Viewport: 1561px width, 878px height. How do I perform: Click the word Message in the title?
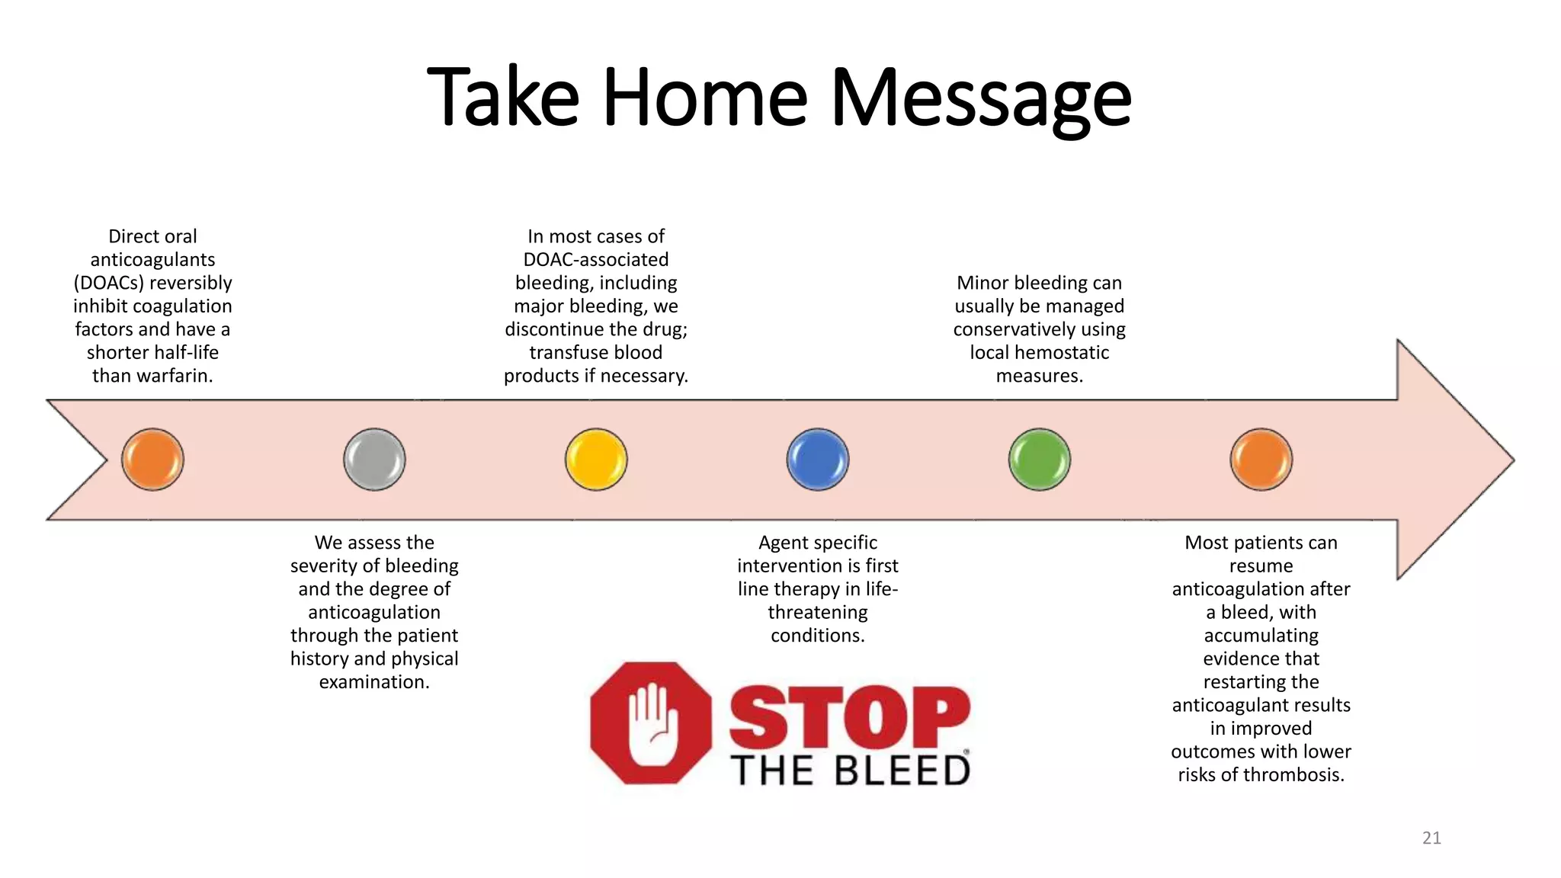pos(981,99)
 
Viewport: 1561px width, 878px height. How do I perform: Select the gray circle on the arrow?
pos(374,460)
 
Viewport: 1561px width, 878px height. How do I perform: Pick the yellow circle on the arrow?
pos(596,460)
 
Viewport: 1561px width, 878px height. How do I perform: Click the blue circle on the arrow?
pos(818,460)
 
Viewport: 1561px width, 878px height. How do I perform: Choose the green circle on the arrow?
pos(1040,460)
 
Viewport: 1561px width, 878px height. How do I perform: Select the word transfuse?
pos(565,353)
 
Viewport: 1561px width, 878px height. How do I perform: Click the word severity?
pos(324,566)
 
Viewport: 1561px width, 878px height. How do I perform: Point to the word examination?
pos(373,682)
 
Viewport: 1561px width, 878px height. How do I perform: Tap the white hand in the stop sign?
pos(650,723)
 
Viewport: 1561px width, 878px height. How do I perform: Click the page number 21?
pos(1431,838)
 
